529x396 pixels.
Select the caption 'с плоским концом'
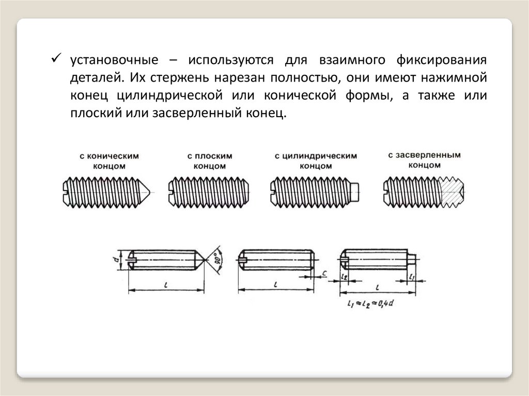[x=210, y=161]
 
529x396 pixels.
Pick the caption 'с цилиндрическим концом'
[x=316, y=161]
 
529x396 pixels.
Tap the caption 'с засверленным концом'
[x=424, y=160]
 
